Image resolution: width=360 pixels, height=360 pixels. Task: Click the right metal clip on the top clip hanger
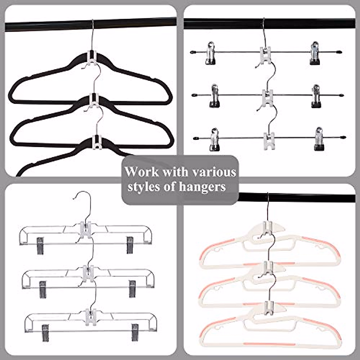314,53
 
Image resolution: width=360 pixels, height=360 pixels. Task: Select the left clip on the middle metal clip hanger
215,95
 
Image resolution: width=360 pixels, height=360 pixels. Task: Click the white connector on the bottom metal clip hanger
269,139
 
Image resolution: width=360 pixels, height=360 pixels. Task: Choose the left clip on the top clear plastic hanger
40,245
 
